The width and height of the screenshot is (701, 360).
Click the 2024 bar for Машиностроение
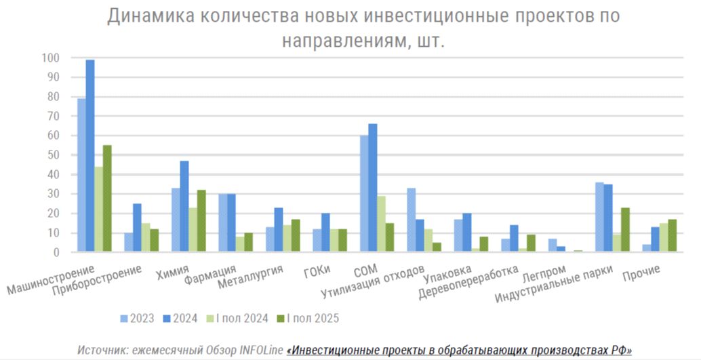pyautogui.click(x=90, y=156)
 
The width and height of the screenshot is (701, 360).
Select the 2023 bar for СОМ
pyautogui.click(x=364, y=194)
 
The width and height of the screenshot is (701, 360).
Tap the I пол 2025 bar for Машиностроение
pyautogui.click(x=107, y=199)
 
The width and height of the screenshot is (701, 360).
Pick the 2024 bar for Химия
pyautogui.click(x=184, y=206)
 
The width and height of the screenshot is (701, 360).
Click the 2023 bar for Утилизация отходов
pyautogui.click(x=412, y=220)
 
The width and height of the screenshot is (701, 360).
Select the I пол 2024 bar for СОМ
pyautogui.click(x=382, y=224)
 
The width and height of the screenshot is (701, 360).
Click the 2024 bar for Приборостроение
pyautogui.click(x=137, y=228)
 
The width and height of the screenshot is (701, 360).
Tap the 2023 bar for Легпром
pyautogui.click(x=552, y=245)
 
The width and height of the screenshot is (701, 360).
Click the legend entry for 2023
pyautogui.click(x=136, y=318)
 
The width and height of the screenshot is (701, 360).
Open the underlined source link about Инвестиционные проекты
pyautogui.click(x=459, y=350)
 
